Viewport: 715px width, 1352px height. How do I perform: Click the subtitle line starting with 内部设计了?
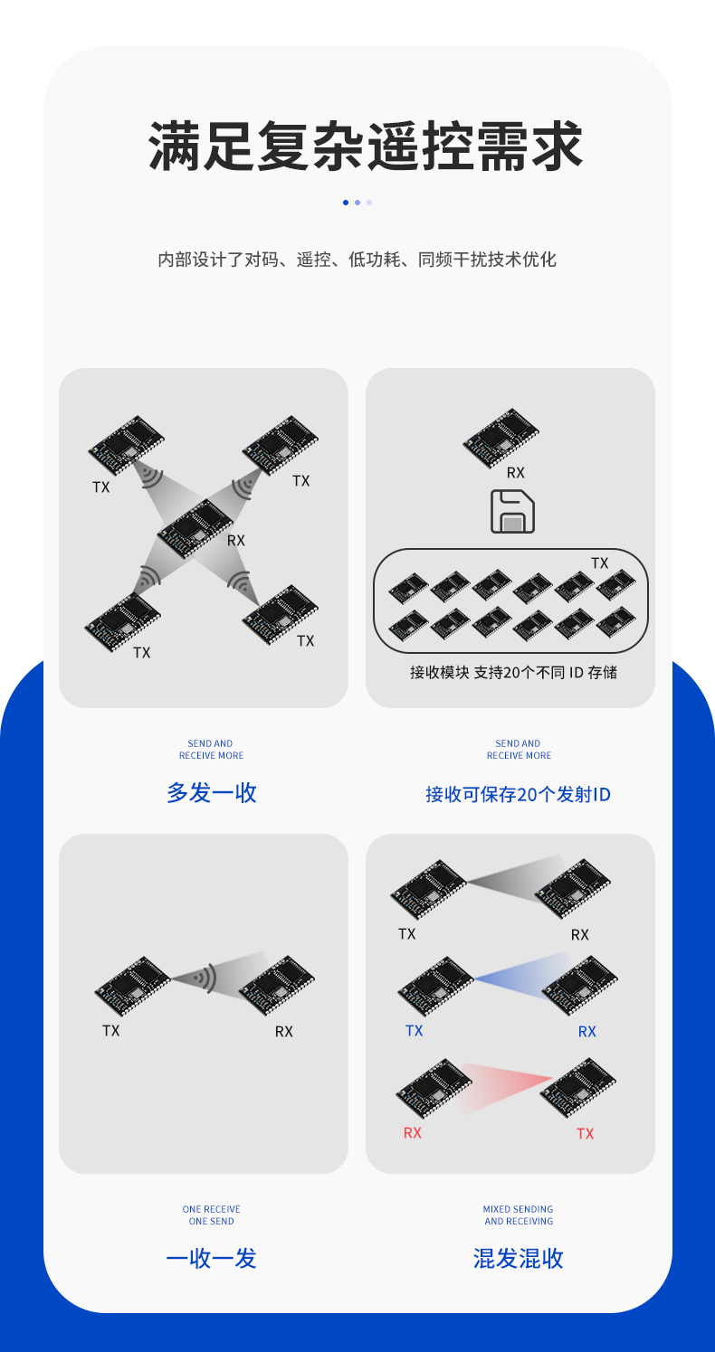coord(357,260)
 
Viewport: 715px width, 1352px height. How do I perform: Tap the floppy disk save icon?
coord(512,511)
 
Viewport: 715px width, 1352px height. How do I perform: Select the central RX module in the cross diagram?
coord(195,526)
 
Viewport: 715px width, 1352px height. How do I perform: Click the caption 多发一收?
coord(212,793)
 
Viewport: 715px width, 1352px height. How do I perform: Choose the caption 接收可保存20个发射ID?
coord(518,794)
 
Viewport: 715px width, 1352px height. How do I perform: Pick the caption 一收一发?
coord(211,1258)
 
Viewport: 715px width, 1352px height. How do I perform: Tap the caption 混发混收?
coord(518,1258)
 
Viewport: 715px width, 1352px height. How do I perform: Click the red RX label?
coord(413,1132)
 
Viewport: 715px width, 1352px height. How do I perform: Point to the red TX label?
coord(586,1133)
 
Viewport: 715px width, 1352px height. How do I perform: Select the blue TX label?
coord(415,1031)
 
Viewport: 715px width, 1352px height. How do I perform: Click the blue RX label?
coord(587,1031)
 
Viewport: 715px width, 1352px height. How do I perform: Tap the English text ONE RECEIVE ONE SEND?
coord(211,1215)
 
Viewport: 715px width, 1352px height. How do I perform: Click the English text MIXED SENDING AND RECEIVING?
coord(518,1215)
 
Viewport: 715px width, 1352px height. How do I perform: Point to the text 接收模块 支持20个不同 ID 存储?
coord(513,672)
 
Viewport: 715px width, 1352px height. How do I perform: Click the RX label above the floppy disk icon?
coord(515,472)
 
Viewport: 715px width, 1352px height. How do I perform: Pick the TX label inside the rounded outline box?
coord(600,563)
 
